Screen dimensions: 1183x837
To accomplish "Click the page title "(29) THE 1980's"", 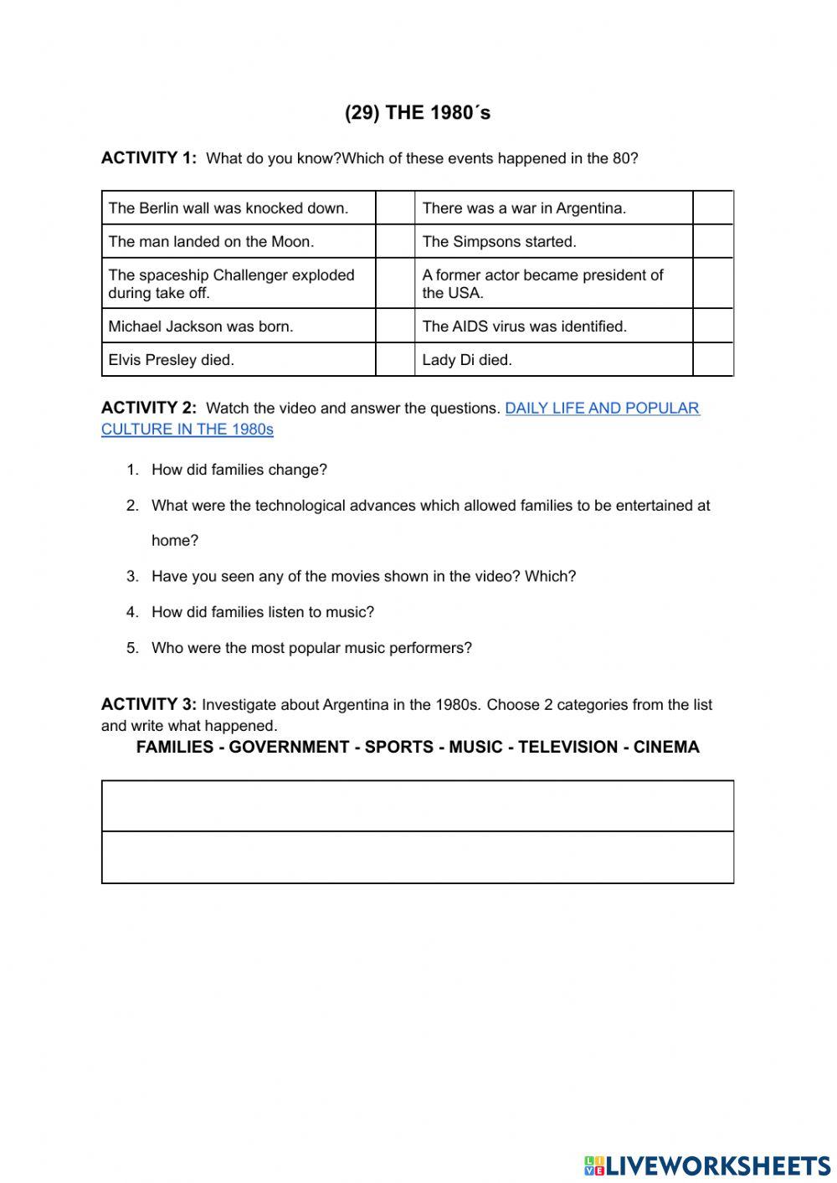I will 418,113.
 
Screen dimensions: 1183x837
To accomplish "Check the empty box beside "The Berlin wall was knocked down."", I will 395,208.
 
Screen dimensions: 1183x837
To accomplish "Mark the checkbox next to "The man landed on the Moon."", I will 395,241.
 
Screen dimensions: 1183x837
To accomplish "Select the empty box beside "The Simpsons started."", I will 712,241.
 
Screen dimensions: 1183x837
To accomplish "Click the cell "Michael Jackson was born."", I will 239,326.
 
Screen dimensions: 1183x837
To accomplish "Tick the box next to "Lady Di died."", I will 712,359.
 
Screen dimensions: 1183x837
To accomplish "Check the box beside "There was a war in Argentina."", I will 712,208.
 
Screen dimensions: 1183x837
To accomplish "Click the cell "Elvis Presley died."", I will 239,359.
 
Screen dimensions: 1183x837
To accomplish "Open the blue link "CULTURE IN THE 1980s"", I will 187,429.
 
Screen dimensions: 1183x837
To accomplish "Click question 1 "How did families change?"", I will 239,470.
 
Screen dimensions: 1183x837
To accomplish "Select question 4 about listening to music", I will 262,612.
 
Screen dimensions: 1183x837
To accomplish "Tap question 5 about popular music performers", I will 311,648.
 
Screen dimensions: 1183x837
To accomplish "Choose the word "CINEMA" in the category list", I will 666,747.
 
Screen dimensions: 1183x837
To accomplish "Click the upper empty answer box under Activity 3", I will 418,805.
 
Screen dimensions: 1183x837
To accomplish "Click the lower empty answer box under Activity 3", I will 418,857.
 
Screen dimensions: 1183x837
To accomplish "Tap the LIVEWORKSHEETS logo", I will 706,1165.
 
